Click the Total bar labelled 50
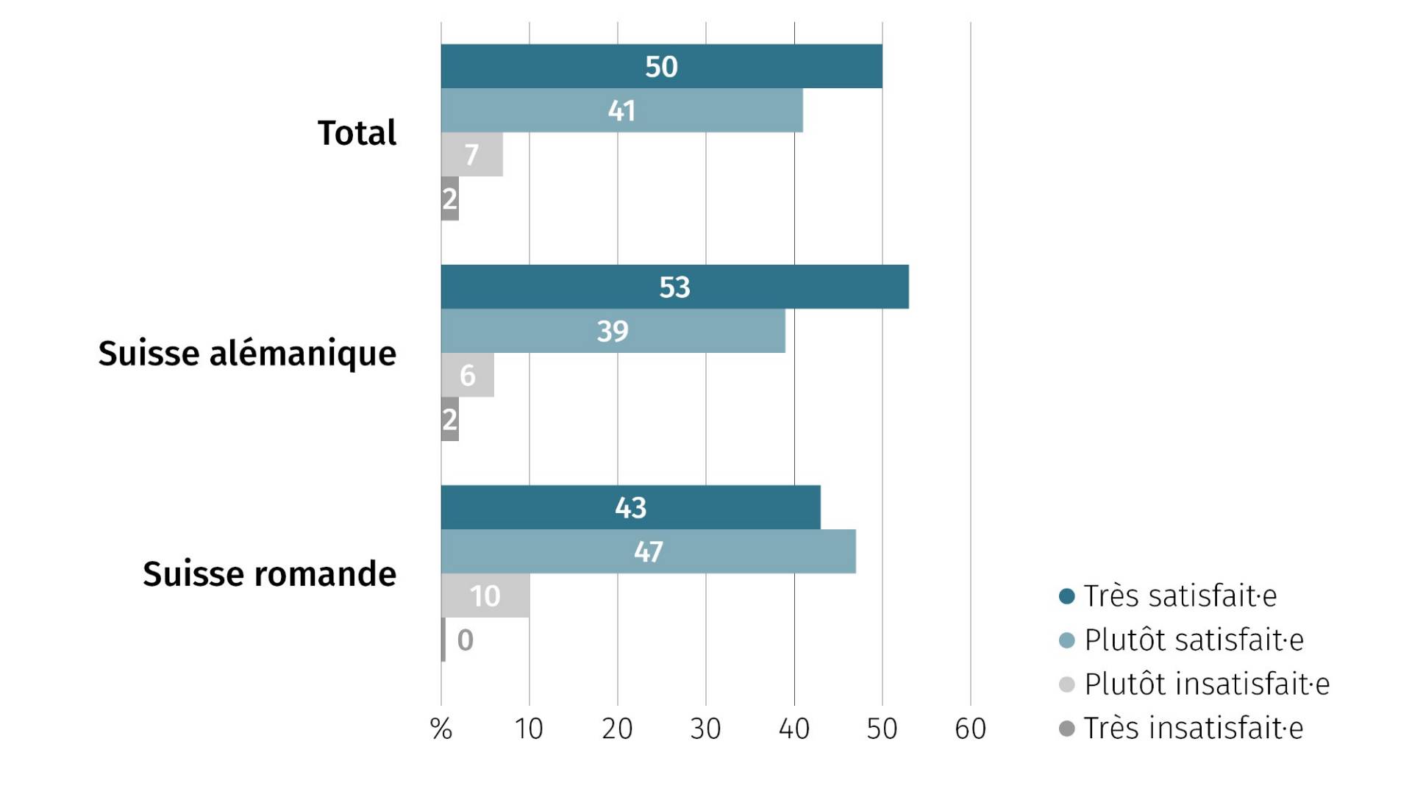point(661,66)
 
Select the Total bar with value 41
point(621,110)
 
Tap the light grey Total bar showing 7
point(471,154)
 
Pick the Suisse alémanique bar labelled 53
point(674,287)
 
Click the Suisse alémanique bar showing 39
point(613,331)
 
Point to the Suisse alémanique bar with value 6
point(467,375)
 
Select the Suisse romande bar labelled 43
point(630,507)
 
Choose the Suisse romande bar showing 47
point(648,551)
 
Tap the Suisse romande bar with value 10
point(485,595)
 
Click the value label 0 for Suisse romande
point(465,640)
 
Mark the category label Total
point(357,133)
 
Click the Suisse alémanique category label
point(247,354)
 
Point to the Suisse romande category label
point(269,574)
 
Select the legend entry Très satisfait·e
point(1180,595)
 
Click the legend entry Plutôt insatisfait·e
point(1206,684)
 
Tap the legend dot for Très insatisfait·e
point(1066,729)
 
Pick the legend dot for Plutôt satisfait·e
point(1066,640)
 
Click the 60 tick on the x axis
point(970,729)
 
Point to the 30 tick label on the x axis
point(705,729)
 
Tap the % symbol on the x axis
point(441,729)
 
